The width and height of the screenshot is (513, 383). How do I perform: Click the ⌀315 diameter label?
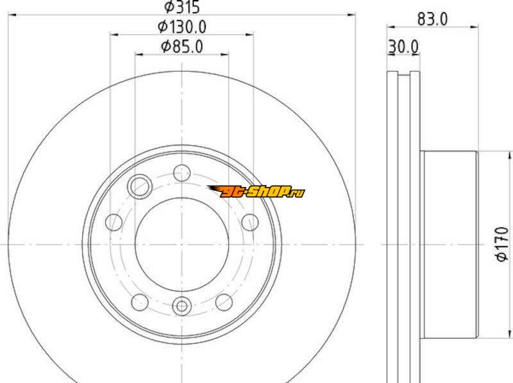(182, 7)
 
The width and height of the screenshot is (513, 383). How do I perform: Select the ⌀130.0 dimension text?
(182, 27)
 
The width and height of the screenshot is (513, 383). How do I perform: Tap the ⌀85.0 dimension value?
(182, 46)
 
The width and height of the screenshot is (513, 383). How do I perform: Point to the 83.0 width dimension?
(432, 19)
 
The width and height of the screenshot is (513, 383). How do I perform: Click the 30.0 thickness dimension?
(403, 47)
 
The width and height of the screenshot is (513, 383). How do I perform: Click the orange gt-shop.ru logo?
(256, 191)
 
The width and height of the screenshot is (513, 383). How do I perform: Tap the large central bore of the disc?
(182, 245)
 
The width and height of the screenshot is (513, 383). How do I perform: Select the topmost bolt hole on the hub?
(182, 173)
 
